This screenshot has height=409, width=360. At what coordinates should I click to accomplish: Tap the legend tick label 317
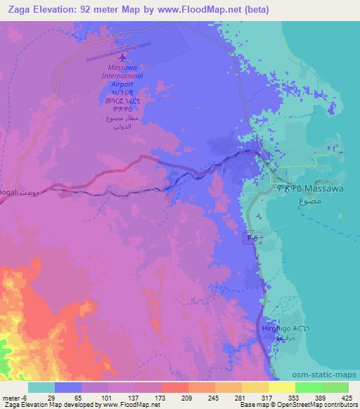pyautogui.click(x=266, y=379)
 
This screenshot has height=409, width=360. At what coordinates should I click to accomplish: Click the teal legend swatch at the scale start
pyautogui.click(x=41, y=388)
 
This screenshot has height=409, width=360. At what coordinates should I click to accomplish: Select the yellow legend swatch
pyautogui.click(x=282, y=388)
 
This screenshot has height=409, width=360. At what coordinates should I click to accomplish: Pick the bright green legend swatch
pyautogui.click(x=309, y=388)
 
